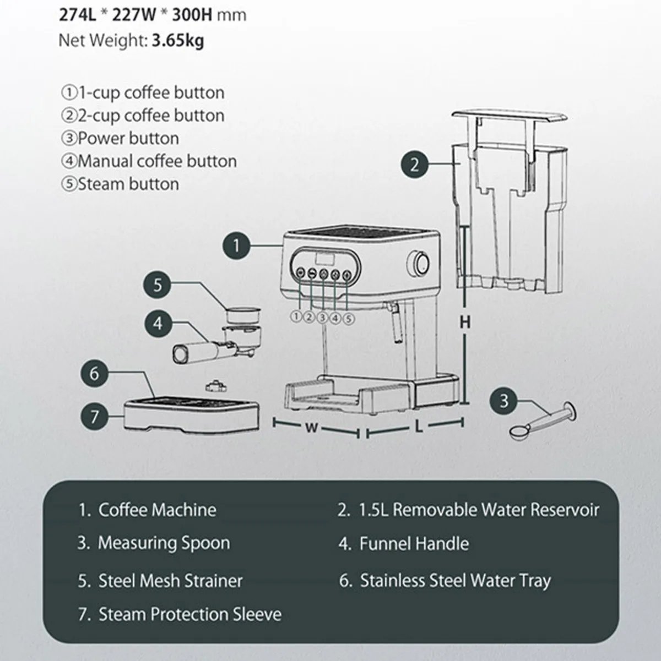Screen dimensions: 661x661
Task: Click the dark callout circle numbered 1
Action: [x=236, y=245]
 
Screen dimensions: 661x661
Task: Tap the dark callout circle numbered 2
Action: [x=415, y=164]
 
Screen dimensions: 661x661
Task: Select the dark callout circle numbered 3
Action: [x=504, y=401]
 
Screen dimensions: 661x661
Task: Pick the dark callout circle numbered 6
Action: [x=94, y=374]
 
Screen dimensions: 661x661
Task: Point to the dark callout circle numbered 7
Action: [x=94, y=416]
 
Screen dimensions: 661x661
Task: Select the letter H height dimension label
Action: [x=465, y=322]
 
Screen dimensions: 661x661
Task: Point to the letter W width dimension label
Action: [x=312, y=428]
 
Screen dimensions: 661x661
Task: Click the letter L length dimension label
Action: [x=419, y=427]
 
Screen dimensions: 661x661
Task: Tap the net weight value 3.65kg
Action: [x=177, y=41]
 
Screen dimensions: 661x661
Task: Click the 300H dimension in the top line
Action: [x=192, y=14]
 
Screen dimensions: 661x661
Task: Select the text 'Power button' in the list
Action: [x=128, y=138]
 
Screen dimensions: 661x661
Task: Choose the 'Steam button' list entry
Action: [x=128, y=184]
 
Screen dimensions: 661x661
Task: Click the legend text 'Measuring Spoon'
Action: [x=164, y=543]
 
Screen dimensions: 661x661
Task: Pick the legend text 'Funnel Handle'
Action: [x=414, y=544]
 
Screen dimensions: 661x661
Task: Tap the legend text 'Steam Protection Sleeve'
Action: [x=189, y=614]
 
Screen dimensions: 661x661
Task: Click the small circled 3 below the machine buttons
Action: [x=323, y=317]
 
